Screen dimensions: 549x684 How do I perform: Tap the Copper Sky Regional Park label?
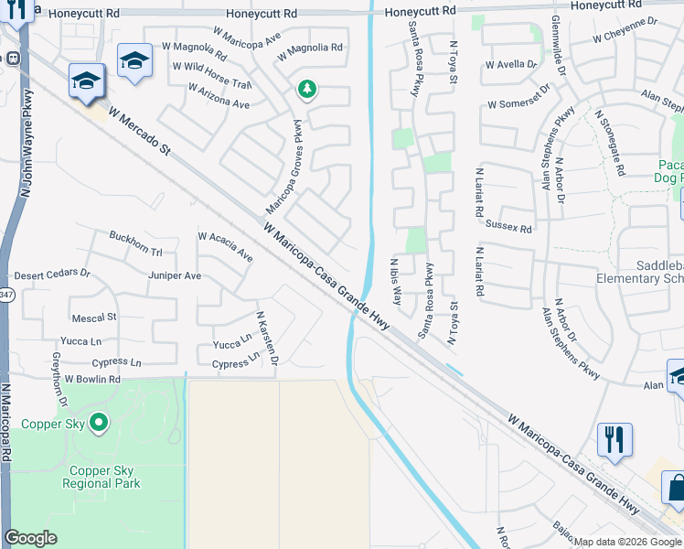pos(102,477)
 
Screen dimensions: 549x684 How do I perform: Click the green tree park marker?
pos(307,90)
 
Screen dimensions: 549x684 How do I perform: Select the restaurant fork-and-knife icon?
pos(615,441)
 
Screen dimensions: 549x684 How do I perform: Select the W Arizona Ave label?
pos(219,97)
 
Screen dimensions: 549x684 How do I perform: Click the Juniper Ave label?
pos(174,275)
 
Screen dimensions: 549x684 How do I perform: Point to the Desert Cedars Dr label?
pos(52,274)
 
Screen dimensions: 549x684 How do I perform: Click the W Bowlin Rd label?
pos(86,379)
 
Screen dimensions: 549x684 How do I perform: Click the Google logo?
pos(30,538)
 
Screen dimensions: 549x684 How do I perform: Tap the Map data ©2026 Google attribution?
pos(627,542)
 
